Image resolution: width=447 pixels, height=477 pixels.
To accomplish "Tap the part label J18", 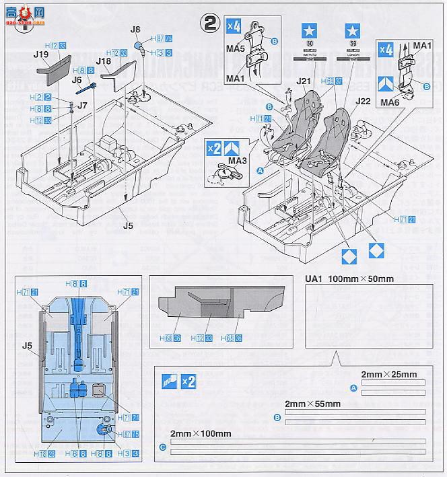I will pyautogui.click(x=104, y=61).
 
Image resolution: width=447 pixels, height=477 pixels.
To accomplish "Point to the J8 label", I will pyautogui.click(x=135, y=30).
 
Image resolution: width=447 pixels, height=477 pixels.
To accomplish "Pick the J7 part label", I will pyautogui.click(x=82, y=105).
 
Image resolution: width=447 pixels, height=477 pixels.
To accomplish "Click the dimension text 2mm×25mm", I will pyautogui.click(x=389, y=375).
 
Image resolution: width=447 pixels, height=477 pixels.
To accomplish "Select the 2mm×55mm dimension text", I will pyautogui.click(x=312, y=404).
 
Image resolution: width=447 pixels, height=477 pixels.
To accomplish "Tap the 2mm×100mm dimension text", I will pyautogui.click(x=201, y=433).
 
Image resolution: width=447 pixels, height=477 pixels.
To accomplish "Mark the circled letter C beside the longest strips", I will pyautogui.click(x=162, y=447).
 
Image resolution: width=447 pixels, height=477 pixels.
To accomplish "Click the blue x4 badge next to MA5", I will pyautogui.click(x=233, y=26).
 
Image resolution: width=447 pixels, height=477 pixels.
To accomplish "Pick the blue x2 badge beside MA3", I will pyautogui.click(x=214, y=147).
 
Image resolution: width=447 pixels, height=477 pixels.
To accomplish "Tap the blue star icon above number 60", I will pyautogui.click(x=308, y=30).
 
